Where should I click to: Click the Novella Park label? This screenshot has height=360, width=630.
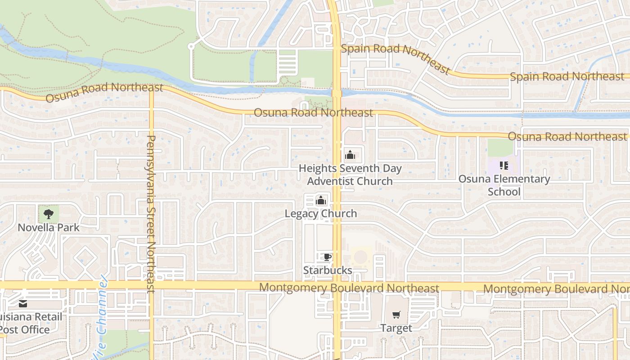click(49, 227)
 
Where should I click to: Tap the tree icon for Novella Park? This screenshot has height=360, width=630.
click(49, 214)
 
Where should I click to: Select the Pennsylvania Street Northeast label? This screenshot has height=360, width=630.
click(151, 214)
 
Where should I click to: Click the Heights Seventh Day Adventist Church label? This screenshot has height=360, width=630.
click(350, 175)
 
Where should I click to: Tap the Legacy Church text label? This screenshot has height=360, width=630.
click(321, 213)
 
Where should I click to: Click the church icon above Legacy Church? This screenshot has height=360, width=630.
click(321, 200)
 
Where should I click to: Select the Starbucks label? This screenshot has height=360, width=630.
click(327, 270)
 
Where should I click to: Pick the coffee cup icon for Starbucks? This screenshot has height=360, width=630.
click(328, 257)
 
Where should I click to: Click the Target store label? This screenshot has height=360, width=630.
click(396, 328)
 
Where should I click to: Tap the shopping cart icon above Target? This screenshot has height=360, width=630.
click(396, 315)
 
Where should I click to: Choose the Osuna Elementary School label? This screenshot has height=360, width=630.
click(504, 185)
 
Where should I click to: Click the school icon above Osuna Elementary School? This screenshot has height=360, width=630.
click(504, 166)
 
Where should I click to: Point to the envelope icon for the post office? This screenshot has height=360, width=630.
click(23, 304)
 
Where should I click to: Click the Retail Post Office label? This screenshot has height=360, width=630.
click(27, 323)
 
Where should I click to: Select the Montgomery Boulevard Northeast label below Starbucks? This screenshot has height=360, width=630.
click(349, 288)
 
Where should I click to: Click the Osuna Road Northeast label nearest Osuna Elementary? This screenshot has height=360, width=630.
click(567, 136)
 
